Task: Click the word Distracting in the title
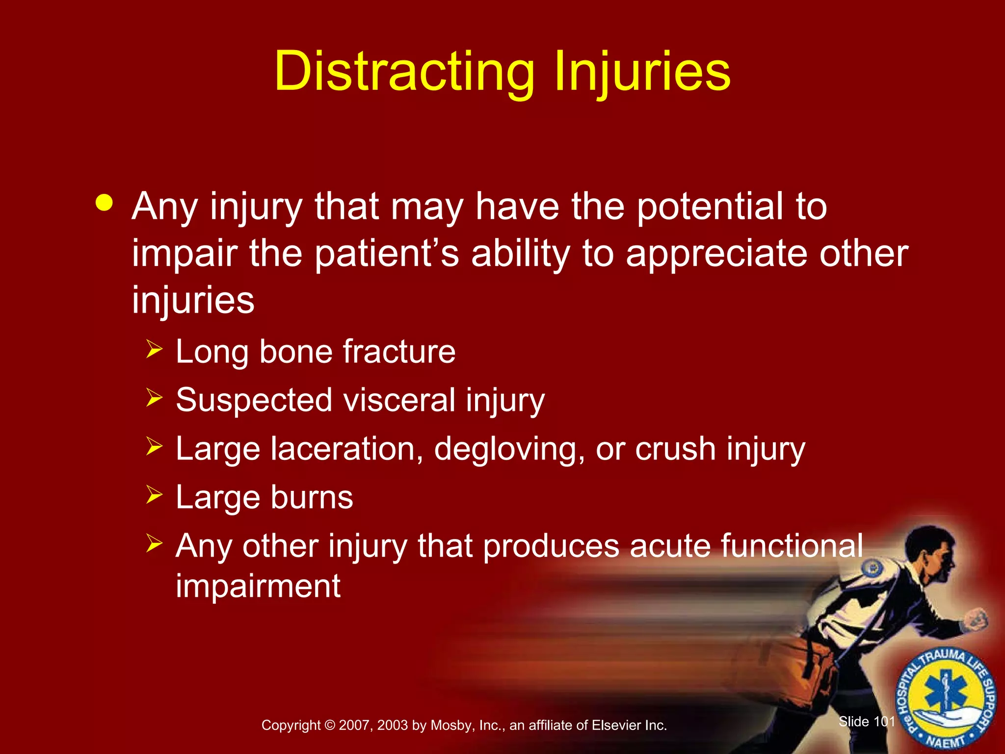coord(404,72)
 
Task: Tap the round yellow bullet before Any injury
coord(105,202)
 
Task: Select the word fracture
coord(399,351)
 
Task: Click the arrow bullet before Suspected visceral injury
coord(154,398)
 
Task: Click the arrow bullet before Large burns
coord(154,495)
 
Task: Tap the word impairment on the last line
coord(258,586)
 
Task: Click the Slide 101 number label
coord(867,722)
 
